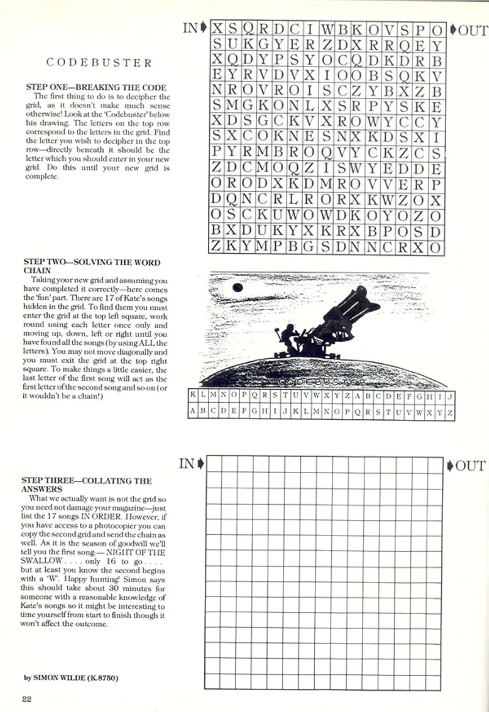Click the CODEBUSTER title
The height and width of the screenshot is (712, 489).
(x=99, y=63)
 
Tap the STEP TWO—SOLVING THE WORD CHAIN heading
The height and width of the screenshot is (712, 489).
(x=92, y=266)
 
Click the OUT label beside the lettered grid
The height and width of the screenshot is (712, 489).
(x=468, y=30)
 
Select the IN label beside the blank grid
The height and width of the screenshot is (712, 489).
(x=190, y=464)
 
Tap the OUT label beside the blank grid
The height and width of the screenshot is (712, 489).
(x=468, y=466)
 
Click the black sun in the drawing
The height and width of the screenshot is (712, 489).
(x=237, y=288)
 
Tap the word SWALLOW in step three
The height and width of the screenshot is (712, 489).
(x=42, y=560)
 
